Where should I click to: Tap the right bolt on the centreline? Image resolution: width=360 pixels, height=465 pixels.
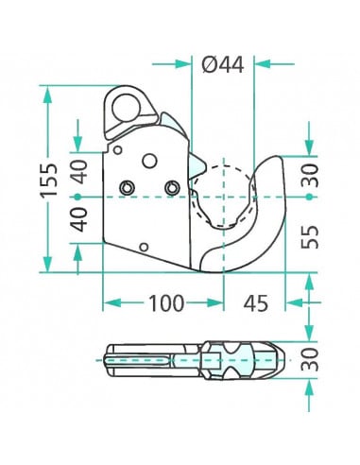click(x=170, y=187)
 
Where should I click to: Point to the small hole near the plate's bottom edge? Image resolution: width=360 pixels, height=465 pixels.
click(x=142, y=248)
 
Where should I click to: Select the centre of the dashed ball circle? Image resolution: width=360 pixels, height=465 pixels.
click(x=223, y=197)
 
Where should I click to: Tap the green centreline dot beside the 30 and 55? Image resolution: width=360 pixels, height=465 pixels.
click(x=310, y=197)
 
